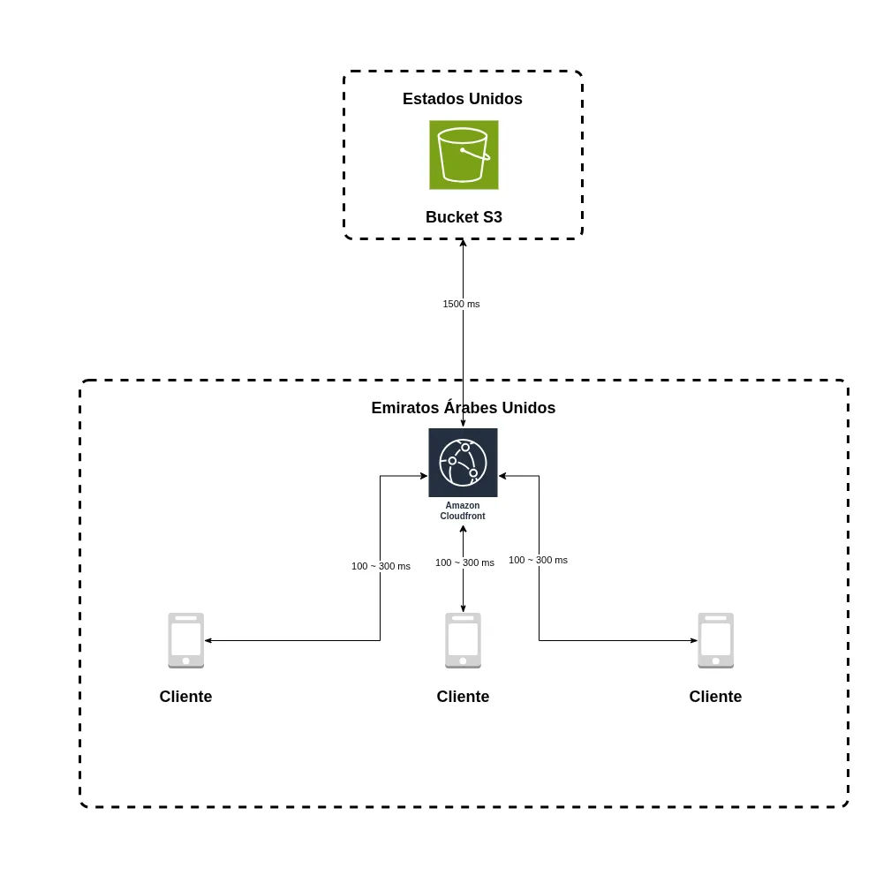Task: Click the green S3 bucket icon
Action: pos(464,155)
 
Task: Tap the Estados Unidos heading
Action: pos(462,99)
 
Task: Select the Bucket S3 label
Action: pos(464,217)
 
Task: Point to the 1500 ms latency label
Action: pos(461,304)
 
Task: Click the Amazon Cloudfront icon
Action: pos(463,463)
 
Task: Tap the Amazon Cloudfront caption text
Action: pos(463,511)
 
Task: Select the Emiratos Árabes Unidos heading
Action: pos(463,408)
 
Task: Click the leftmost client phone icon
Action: pos(185,640)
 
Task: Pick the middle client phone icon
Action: pos(463,640)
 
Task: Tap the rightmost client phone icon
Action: pos(715,640)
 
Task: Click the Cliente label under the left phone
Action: pos(185,697)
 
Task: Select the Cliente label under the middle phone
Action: pos(463,697)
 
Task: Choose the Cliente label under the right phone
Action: pos(715,697)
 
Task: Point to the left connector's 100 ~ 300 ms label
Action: pos(381,566)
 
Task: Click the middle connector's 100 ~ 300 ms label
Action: pos(464,562)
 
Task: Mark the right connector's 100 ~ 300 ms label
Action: pos(538,560)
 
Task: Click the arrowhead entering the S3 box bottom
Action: pos(463,244)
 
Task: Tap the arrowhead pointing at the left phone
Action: pos(208,640)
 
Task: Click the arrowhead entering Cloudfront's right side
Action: pos(502,476)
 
